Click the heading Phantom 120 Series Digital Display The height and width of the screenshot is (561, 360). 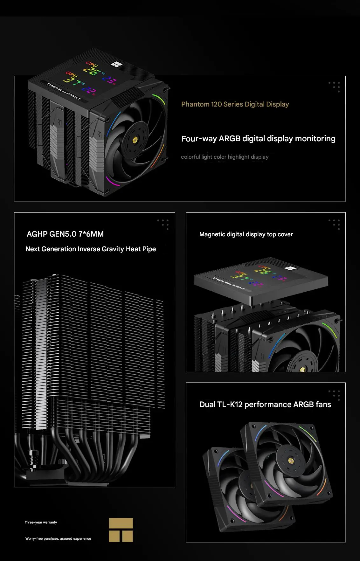click(235, 104)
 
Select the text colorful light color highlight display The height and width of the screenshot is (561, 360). click(225, 157)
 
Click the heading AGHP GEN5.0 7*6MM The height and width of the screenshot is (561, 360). click(65, 234)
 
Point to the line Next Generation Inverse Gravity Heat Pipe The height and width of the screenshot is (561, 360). click(91, 249)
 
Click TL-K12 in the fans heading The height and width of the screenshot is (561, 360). click(230, 405)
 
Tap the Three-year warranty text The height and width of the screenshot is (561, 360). click(41, 522)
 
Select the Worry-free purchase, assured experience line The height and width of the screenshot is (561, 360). click(58, 538)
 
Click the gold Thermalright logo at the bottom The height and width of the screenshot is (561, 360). click(121, 530)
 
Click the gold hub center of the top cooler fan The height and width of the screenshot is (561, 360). click(135, 139)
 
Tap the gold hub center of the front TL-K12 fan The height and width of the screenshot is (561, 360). click(290, 460)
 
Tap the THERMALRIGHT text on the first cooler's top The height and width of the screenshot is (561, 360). click(64, 91)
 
